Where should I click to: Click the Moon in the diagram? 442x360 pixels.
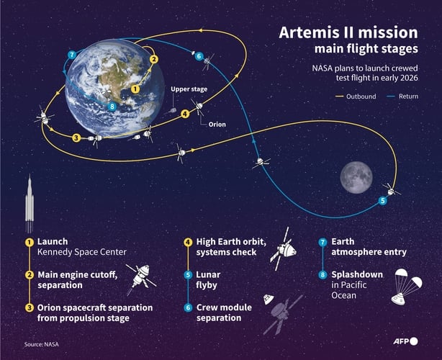click(356, 175)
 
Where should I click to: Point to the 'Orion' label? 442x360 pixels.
click(217, 124)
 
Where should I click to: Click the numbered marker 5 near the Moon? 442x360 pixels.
click(382, 201)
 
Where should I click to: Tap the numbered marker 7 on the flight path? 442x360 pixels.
click(71, 55)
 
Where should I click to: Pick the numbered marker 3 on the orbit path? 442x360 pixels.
click(76, 137)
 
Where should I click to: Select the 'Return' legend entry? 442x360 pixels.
click(406, 96)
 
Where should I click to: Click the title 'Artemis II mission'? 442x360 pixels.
click(348, 32)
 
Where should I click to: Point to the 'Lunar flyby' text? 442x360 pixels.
click(208, 280)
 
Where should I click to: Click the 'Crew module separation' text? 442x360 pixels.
click(224, 312)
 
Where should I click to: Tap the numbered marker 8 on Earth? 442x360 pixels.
click(112, 107)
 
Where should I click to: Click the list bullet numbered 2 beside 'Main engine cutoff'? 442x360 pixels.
click(30, 274)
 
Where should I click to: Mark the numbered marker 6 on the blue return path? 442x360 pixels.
click(199, 56)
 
